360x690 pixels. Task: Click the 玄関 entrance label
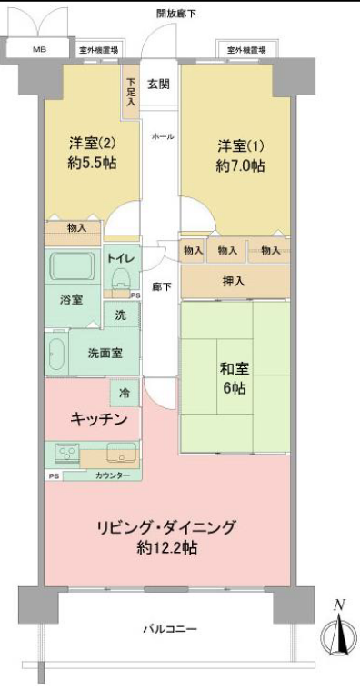pyautogui.click(x=159, y=84)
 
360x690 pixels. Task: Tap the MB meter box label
pyautogui.click(x=40, y=49)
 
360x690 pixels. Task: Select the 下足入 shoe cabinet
pyautogui.click(x=131, y=92)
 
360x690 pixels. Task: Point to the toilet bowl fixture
pyautogui.click(x=120, y=279)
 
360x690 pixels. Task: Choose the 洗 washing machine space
pyautogui.click(x=121, y=315)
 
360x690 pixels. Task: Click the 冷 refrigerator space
pyautogui.click(x=125, y=393)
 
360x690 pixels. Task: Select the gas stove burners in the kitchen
pyautogui.click(x=66, y=453)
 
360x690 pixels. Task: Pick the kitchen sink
pyautogui.click(x=121, y=453)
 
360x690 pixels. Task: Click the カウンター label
pyautogui.click(x=112, y=475)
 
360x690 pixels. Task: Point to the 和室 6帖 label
pyautogui.click(x=235, y=379)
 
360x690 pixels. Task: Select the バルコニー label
pyautogui.click(x=169, y=629)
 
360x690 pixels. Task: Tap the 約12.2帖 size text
pyautogui.click(x=166, y=548)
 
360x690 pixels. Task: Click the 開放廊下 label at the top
pyautogui.click(x=176, y=14)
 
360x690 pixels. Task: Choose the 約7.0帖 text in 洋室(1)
pyautogui.click(x=240, y=165)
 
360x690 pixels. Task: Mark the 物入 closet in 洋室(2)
pyautogui.click(x=73, y=234)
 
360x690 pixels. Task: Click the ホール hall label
pyautogui.click(x=163, y=136)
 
